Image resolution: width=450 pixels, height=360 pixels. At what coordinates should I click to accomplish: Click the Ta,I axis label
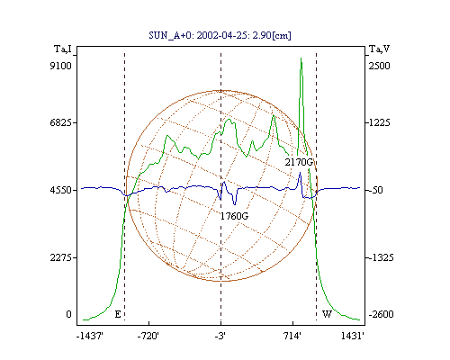[63, 49]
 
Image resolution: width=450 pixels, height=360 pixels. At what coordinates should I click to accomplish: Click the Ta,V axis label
[379, 49]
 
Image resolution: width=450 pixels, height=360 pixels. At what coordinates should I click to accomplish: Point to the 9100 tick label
[61, 66]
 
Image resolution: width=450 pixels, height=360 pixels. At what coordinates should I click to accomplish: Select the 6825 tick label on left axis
[61, 122]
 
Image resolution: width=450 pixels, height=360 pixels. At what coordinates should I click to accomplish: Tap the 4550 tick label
[61, 190]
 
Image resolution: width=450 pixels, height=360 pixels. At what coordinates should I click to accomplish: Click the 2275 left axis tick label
[61, 257]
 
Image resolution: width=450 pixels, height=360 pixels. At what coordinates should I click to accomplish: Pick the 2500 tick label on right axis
[380, 66]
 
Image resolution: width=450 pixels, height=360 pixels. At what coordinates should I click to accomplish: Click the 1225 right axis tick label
[380, 122]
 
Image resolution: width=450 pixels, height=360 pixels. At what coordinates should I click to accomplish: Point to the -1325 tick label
[381, 257]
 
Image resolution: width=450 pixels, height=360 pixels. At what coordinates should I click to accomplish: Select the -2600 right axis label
[381, 314]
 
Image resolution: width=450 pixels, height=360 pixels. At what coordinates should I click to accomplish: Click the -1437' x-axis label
[90, 336]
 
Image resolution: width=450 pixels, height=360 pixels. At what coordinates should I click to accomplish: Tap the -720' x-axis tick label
[148, 336]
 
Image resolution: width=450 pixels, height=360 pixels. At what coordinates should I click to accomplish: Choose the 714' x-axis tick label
[292, 336]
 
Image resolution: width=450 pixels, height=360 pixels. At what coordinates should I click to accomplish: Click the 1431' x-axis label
[353, 336]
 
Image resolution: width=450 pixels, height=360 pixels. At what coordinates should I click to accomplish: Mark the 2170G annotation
[299, 162]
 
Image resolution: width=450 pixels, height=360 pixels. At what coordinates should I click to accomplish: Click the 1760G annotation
[234, 216]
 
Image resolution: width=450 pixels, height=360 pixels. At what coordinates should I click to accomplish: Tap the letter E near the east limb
[118, 314]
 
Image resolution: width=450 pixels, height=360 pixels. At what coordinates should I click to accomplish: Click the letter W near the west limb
[327, 314]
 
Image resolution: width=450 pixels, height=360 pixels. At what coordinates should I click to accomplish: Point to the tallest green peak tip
[301, 58]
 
